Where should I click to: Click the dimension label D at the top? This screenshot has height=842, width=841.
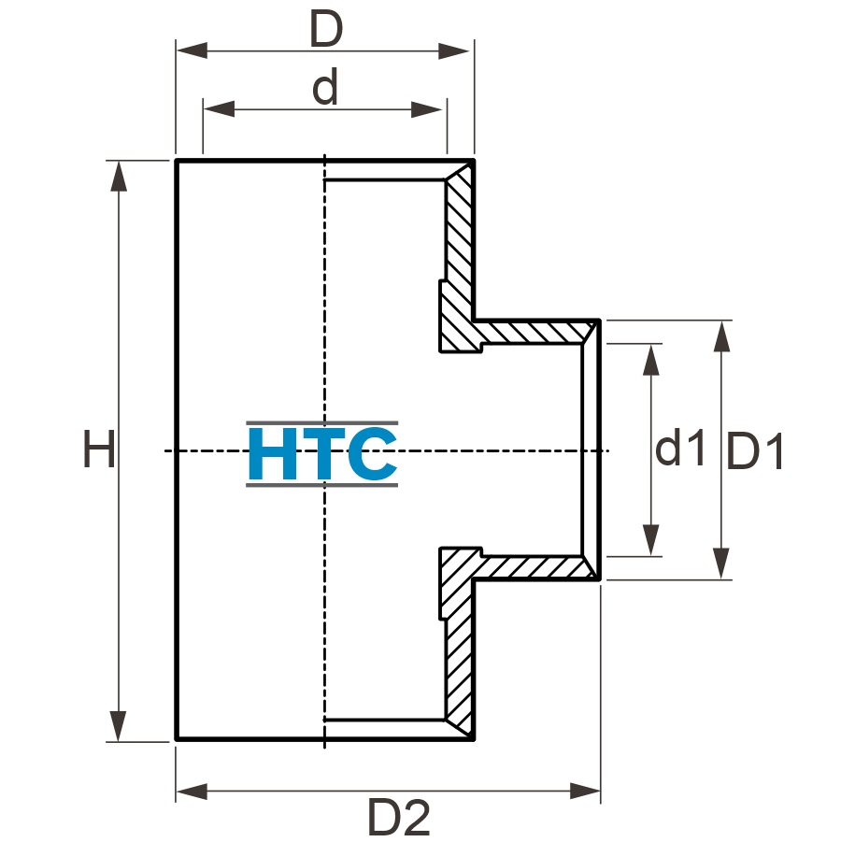[326, 29]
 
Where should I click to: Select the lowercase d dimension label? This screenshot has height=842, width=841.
[325, 86]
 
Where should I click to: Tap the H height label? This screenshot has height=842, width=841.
[99, 449]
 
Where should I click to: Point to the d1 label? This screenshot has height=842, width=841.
[680, 447]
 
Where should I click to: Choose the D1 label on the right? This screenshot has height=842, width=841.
[754, 451]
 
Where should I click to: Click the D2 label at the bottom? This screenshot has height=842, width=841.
[399, 817]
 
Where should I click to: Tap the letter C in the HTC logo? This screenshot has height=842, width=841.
[372, 453]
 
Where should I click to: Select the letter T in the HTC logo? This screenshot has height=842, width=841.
[322, 453]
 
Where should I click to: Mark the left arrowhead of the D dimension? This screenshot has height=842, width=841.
[192, 50]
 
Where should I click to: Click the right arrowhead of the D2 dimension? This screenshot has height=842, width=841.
[585, 791]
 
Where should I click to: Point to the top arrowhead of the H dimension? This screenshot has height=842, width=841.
[119, 176]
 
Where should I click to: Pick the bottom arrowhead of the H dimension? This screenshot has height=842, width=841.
[118, 726]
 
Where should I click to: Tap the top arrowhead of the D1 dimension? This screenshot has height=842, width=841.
[721, 336]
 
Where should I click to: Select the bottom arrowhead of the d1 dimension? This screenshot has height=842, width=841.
[651, 540]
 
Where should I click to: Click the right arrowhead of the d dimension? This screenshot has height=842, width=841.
[426, 109]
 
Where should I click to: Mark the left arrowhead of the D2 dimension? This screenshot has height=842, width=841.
[192, 791]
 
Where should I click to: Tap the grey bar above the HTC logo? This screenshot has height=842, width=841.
[322, 423]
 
